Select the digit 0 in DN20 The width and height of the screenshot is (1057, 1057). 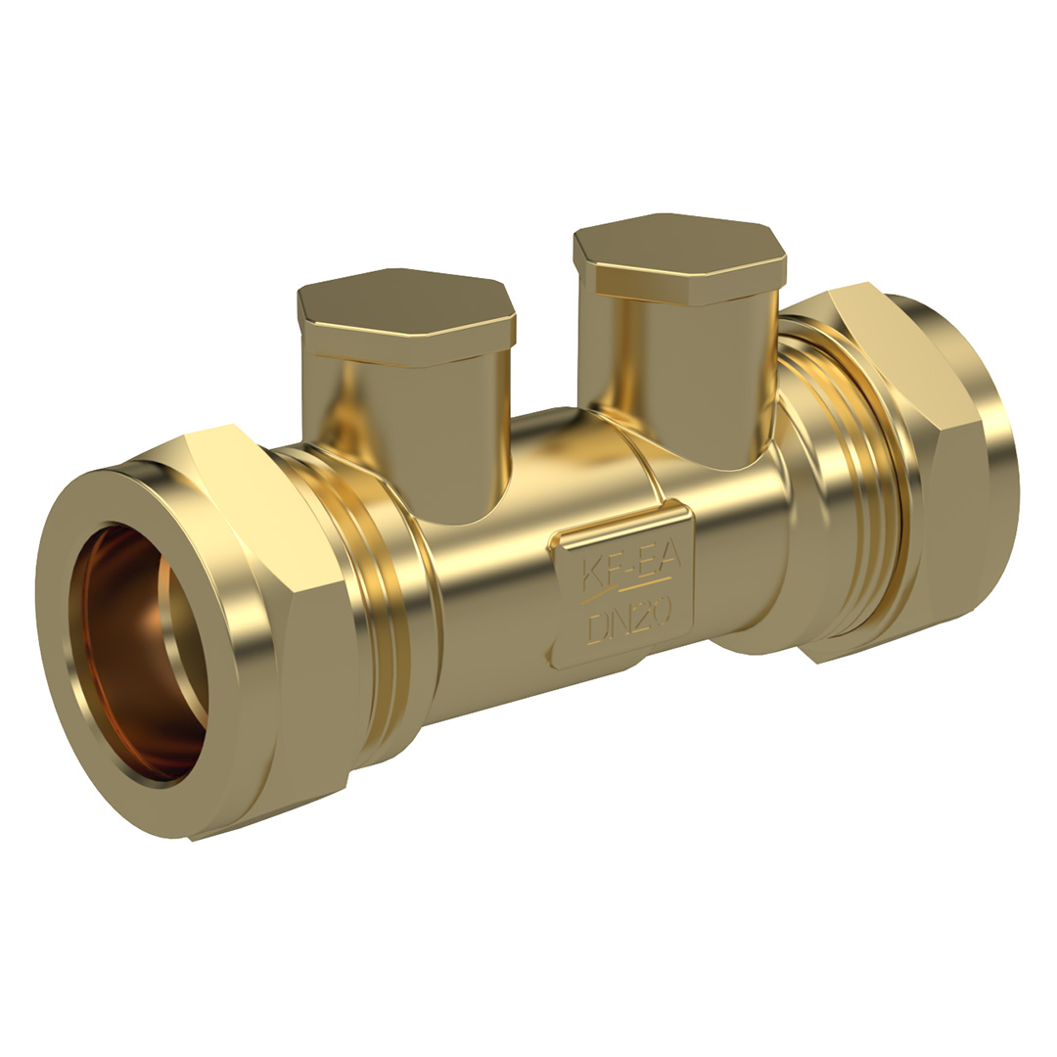[x=660, y=612]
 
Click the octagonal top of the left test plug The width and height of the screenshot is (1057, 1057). [x=406, y=312]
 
